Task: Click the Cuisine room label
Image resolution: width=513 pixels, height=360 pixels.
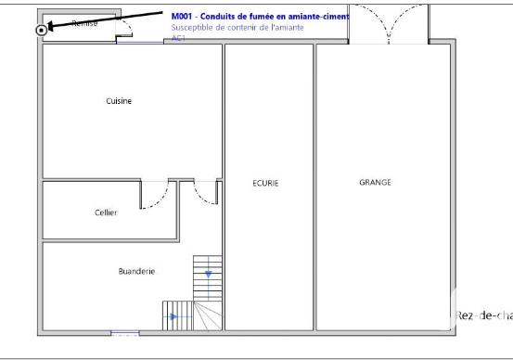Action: tap(119, 101)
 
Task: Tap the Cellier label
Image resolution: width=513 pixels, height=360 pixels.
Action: tap(106, 212)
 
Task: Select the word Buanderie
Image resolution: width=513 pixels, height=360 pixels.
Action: tap(136, 271)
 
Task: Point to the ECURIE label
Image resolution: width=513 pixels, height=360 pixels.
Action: tap(265, 183)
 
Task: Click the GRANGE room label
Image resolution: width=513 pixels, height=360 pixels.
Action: tap(375, 182)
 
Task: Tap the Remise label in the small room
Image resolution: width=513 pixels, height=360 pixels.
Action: tap(84, 23)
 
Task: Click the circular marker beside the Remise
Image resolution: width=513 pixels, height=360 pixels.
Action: tap(42, 30)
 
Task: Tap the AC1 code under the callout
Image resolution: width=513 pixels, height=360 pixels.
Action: tap(178, 39)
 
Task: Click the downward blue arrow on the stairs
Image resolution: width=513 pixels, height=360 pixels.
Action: tap(209, 275)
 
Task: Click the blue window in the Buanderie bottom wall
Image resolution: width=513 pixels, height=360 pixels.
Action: tap(124, 332)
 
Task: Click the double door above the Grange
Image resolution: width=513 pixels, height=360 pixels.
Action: tap(387, 23)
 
